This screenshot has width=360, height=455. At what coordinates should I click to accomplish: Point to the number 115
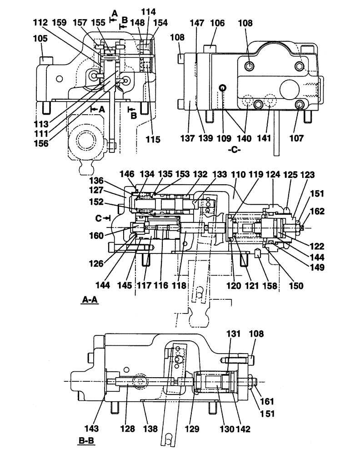pyautogui.click(x=154, y=140)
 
